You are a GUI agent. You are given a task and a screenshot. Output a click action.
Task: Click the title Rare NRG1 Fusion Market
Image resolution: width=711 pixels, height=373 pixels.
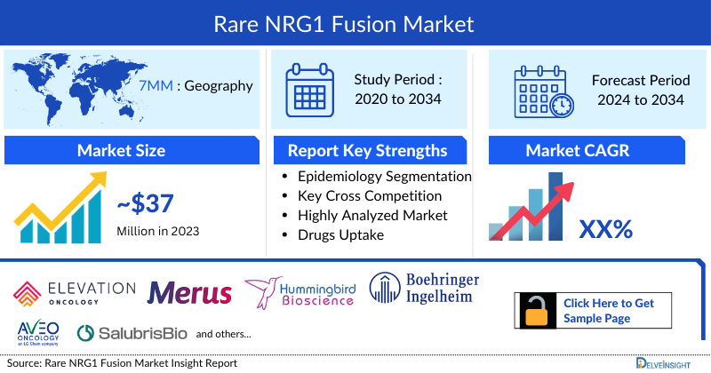[x=355, y=21]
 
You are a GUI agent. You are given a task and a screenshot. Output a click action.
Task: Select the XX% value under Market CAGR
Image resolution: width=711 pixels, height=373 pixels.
[x=605, y=229]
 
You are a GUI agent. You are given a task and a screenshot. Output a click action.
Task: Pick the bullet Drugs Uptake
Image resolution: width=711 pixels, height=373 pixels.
[x=340, y=234]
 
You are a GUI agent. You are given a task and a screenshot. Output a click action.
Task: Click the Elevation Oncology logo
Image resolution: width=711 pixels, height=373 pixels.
[x=75, y=294]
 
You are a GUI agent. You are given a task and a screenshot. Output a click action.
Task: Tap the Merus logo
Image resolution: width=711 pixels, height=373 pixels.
[x=189, y=293]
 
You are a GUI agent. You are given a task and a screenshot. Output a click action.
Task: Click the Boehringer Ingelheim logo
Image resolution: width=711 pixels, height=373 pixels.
[x=424, y=290]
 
